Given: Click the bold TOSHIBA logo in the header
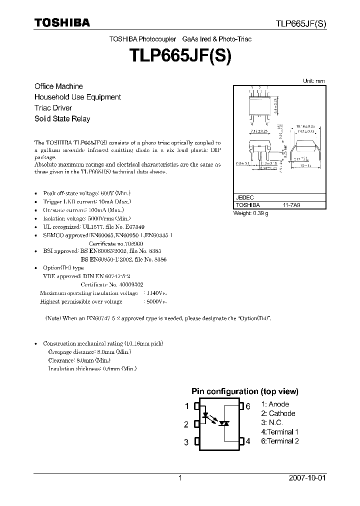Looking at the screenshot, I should (x=62, y=22).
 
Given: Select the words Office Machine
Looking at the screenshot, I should (x=58, y=86).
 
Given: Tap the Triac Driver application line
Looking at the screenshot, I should (x=53, y=108).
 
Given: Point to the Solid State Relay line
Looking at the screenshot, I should (x=62, y=119).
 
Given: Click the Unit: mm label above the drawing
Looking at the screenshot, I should (x=314, y=81).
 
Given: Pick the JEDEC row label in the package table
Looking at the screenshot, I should (x=244, y=198).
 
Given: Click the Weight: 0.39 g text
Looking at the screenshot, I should (x=251, y=213).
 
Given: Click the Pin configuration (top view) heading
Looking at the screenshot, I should (x=245, y=391).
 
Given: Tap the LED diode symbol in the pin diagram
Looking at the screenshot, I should (x=205, y=415).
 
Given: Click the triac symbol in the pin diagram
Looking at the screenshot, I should (x=225, y=423).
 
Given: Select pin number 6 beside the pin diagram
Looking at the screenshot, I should (x=247, y=406).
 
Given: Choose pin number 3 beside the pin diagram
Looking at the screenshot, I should (x=186, y=442).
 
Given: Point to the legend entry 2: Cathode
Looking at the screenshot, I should (x=278, y=413).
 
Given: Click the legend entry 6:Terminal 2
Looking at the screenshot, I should (x=280, y=441).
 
